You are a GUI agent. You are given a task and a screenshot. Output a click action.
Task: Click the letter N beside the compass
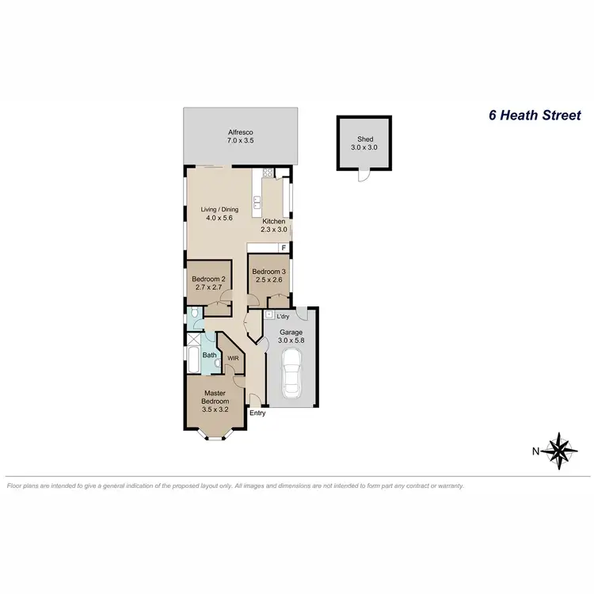[536, 451]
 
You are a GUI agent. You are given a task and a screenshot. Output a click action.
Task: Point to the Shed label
[364, 139]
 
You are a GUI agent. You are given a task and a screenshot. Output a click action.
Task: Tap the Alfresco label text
[241, 133]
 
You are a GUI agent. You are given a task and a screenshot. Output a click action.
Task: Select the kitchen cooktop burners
[268, 173]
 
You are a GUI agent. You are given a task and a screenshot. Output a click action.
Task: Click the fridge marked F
[283, 249]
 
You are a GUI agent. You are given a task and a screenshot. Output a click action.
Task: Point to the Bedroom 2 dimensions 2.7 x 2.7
[209, 288]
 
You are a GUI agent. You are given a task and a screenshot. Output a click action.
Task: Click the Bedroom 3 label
[269, 272]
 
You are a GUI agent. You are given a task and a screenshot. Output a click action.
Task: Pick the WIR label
[233, 358]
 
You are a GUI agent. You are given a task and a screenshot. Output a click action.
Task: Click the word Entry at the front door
[258, 413]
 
